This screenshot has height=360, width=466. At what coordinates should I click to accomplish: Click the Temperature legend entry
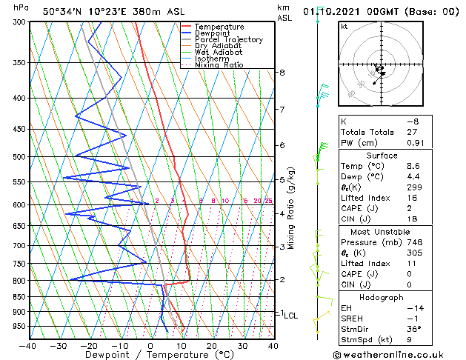tap(218, 27)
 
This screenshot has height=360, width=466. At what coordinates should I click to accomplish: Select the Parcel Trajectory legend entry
tap(228, 40)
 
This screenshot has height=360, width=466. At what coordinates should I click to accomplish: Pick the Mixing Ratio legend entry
tap(219, 65)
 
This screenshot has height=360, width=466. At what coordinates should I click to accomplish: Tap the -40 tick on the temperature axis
tap(28, 345)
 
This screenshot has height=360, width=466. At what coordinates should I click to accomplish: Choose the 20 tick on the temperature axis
tap(212, 345)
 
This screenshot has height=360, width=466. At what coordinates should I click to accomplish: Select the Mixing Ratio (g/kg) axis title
tap(292, 208)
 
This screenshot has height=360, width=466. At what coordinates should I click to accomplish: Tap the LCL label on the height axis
tap(291, 316)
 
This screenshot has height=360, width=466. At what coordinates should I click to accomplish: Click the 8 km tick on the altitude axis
tap(282, 73)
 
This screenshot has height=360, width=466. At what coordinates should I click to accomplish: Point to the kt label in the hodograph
tap(344, 27)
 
